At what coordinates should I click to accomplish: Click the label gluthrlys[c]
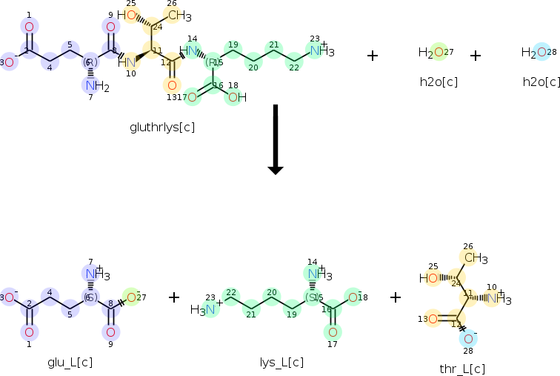pyautogui.click(x=161, y=127)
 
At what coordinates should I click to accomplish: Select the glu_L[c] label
pyautogui.click(x=70, y=362)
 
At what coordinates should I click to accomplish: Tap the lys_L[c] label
pyautogui.click(x=281, y=362)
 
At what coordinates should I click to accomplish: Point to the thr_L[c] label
pyautogui.click(x=461, y=369)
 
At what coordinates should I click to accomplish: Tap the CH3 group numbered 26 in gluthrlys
pyautogui.click(x=177, y=15)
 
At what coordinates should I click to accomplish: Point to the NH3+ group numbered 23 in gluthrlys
pyautogui.click(x=320, y=50)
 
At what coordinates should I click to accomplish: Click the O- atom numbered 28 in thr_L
pyautogui.click(x=468, y=337)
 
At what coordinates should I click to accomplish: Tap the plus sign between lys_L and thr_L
pyautogui.click(x=396, y=297)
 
